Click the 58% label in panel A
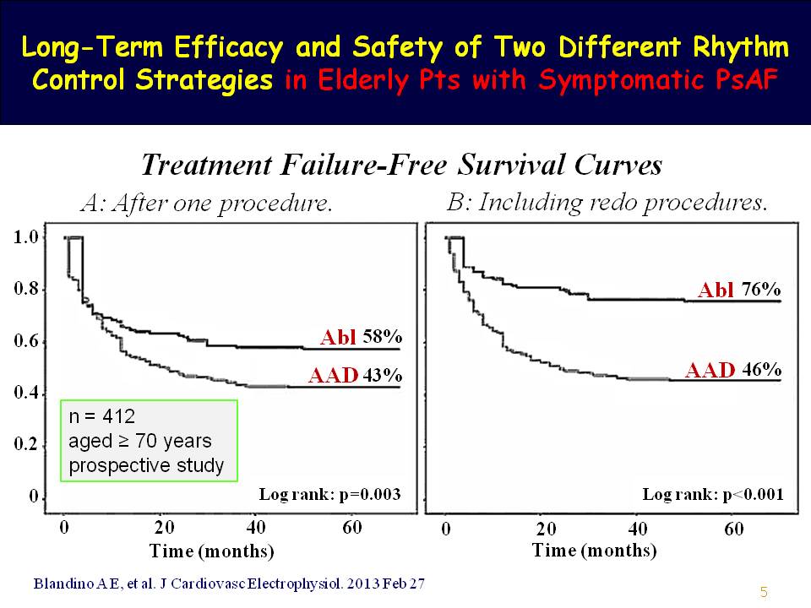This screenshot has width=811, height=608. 382,336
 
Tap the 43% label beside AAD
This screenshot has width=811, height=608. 382,376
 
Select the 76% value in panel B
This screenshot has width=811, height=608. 760,289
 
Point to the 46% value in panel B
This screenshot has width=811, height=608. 760,370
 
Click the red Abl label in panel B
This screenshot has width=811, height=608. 716,290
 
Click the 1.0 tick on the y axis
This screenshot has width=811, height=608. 27,237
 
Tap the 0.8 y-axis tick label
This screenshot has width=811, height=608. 27,290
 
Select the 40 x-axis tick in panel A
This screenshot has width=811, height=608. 256,528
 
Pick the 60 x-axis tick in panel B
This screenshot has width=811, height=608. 734,529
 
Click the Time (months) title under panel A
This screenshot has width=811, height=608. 212,551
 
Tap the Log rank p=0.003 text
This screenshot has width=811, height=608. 329,493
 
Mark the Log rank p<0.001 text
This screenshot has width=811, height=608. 712,494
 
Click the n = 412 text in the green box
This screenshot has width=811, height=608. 101,417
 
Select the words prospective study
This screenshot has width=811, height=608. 146,465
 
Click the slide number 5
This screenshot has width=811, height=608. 764,592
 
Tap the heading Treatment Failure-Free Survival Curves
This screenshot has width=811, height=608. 401,166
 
